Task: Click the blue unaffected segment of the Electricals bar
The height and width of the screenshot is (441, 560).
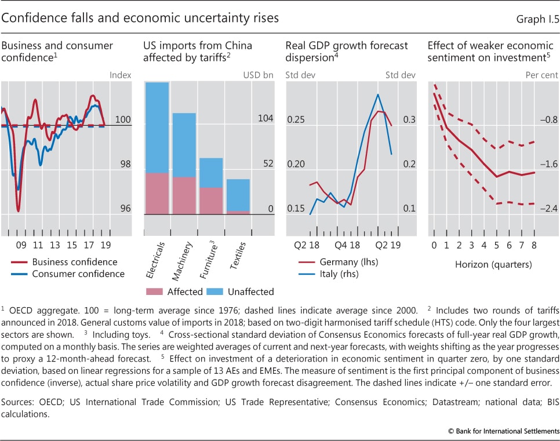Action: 157,127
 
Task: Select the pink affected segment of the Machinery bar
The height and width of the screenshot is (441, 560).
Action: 184,195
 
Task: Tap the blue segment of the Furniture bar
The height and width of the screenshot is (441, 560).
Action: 211,173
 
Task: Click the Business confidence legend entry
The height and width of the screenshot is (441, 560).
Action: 74,262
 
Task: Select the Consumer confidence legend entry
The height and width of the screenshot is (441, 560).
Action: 78,274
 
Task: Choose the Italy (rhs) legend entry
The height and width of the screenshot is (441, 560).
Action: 340,274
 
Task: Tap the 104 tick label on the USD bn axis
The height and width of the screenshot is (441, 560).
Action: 266,118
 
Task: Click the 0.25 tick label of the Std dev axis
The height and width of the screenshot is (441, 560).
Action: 296,119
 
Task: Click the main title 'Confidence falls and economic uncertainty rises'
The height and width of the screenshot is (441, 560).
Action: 140,18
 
